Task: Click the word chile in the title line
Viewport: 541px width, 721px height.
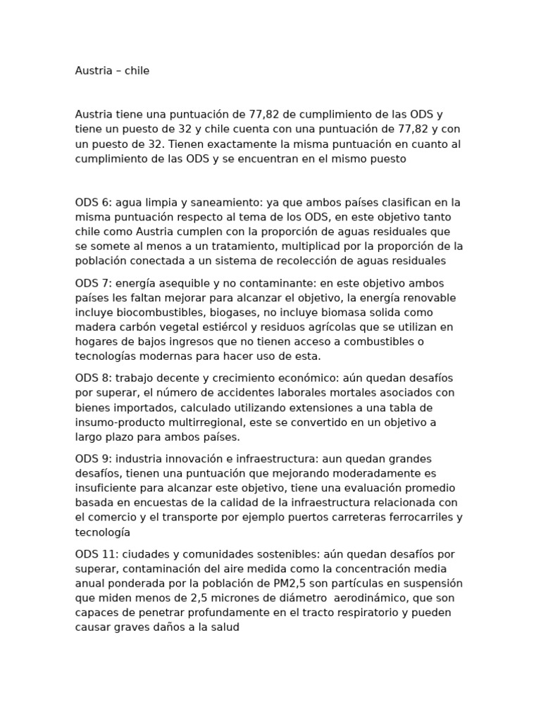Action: pos(137,71)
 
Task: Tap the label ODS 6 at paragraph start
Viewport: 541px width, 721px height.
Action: pos(91,202)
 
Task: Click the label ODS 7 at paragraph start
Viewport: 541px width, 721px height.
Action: pos(91,283)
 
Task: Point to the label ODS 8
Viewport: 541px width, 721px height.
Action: pos(91,378)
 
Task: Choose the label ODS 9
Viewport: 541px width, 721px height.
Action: pos(91,459)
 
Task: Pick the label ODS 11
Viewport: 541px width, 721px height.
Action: pos(94,554)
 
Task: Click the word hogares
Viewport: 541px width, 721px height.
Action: pos(97,341)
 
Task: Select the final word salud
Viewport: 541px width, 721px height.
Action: pos(225,627)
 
